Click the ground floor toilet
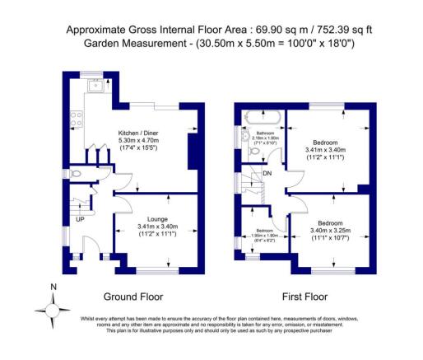[77, 174]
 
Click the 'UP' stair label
[80, 220]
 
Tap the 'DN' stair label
[267, 174]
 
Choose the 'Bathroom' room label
[263, 131]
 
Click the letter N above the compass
[53, 288]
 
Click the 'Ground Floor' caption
[132, 297]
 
